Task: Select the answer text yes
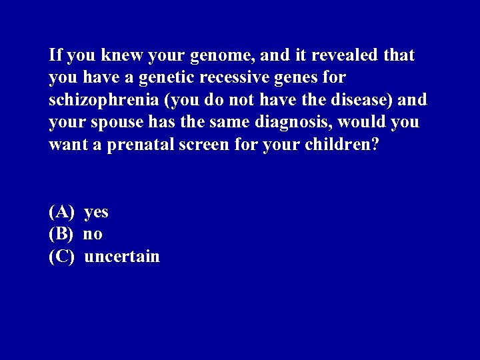pos(97,212)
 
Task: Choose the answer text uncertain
pos(122,257)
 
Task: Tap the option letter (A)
pos(61,212)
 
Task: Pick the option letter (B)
pos(61,234)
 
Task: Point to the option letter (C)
pos(61,257)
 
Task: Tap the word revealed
pos(345,55)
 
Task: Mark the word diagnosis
pos(289,123)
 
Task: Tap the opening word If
pos(55,55)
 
